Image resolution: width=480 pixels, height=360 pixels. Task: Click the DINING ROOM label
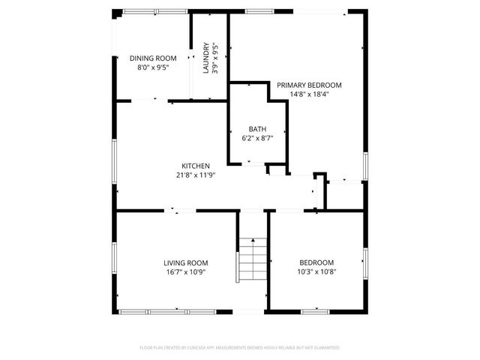[x=153, y=58]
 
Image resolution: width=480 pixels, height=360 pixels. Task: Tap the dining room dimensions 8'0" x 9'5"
[x=153, y=67]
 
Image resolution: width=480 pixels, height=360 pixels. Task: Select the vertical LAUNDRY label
[x=205, y=58]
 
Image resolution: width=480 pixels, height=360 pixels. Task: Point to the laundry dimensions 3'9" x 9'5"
[x=215, y=58]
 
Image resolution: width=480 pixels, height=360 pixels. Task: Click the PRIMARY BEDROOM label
[x=309, y=85]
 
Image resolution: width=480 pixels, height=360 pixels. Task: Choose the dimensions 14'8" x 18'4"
[x=309, y=94]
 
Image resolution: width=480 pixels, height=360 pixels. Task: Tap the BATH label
[x=257, y=129]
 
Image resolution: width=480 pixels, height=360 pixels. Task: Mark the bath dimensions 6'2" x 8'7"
[x=257, y=138]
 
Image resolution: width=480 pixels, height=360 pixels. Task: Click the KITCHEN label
[x=195, y=166]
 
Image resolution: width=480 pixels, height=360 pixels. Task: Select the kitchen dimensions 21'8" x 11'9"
[x=195, y=175]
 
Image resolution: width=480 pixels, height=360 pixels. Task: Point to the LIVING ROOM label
[x=186, y=262]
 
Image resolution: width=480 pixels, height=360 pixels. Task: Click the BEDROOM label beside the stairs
[x=316, y=262]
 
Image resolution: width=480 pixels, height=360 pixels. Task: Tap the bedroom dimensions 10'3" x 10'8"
[x=316, y=271]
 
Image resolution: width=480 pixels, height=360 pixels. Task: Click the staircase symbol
[x=253, y=259]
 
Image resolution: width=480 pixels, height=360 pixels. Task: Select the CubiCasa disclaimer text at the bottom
[x=240, y=348]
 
